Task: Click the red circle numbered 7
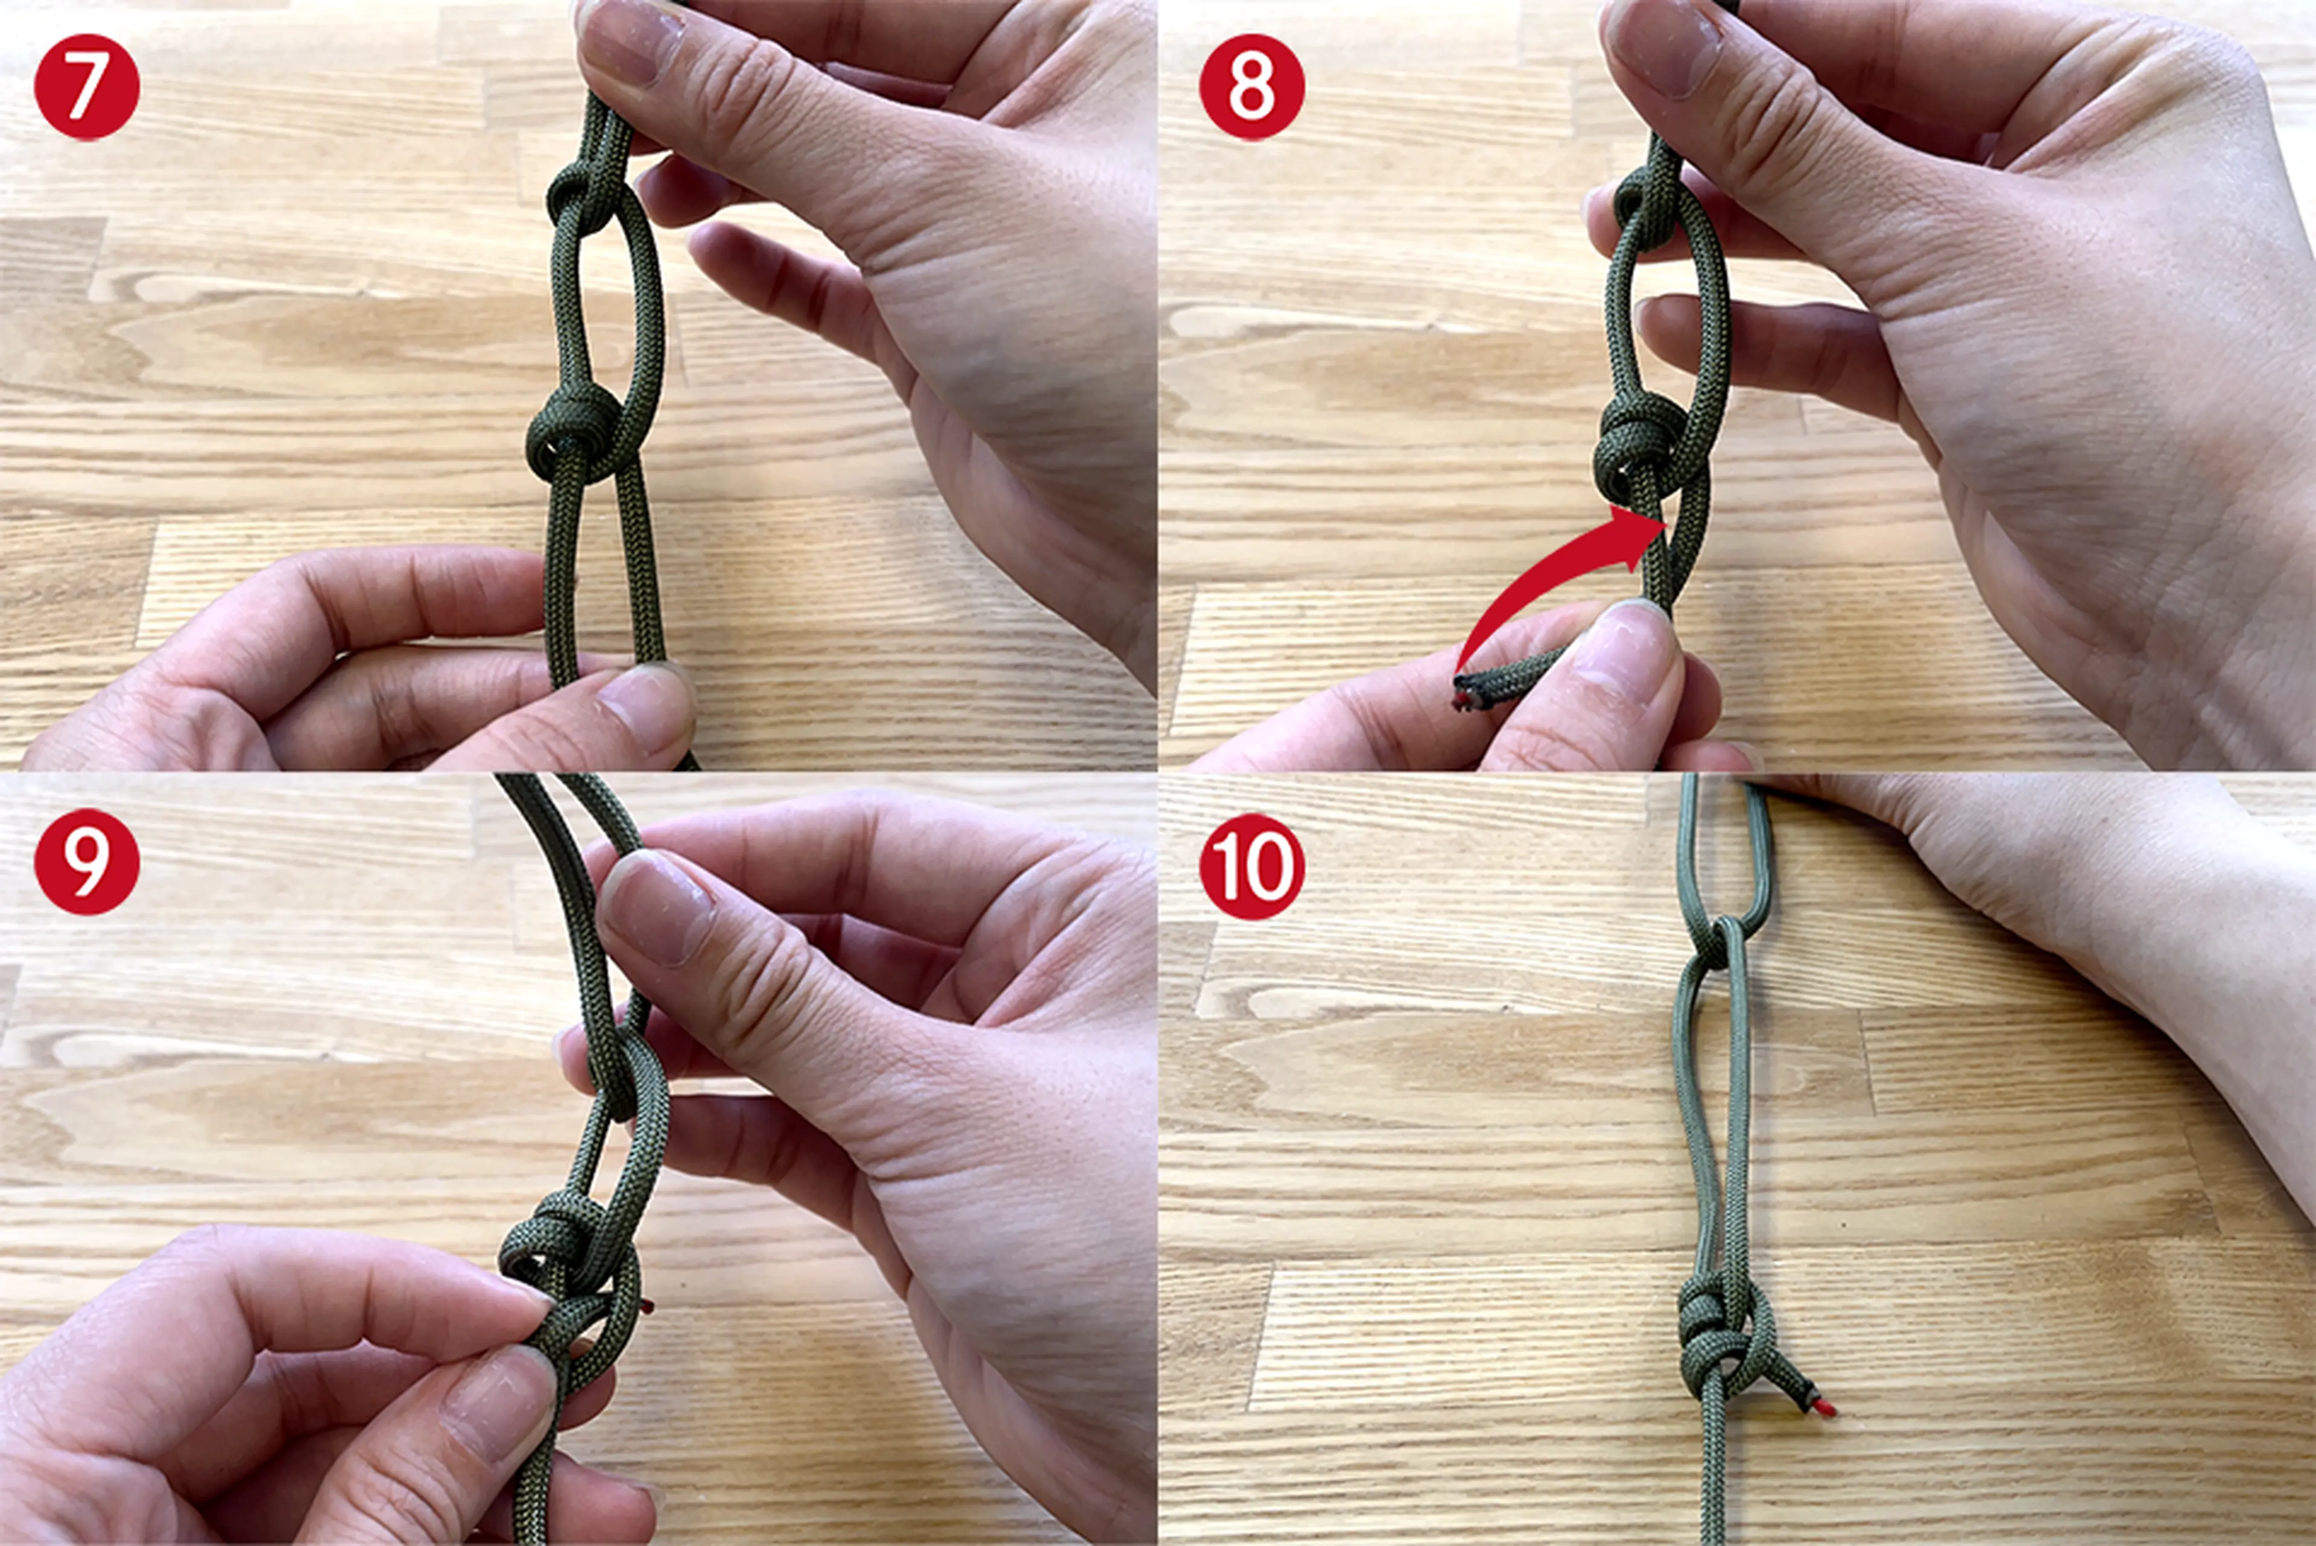(x=87, y=87)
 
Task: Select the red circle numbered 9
(x=87, y=862)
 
